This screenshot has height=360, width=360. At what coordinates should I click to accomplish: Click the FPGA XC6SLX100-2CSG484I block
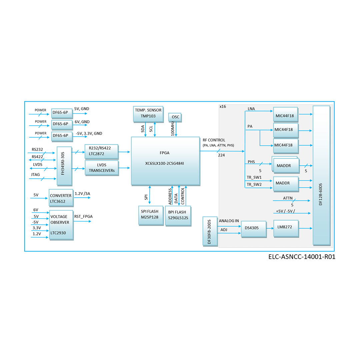coord(165,160)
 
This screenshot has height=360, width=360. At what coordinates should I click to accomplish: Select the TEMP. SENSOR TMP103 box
coord(148,114)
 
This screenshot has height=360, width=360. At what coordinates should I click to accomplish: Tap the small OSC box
coord(176,117)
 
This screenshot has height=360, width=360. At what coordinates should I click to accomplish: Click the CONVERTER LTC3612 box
coord(61,198)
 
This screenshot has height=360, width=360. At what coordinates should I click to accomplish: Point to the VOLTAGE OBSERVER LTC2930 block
coord(61,225)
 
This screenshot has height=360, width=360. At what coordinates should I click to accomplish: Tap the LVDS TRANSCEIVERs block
coord(101,168)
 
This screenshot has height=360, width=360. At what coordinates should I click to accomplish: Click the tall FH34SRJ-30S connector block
coord(64,166)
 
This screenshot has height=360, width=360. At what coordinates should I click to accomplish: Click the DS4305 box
coord(253,229)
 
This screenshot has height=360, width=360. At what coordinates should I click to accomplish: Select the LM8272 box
coord(285,228)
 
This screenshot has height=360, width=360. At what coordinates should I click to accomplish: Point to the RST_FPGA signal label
coord(83,216)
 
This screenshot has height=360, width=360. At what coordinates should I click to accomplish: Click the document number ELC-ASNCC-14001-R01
coord(301,257)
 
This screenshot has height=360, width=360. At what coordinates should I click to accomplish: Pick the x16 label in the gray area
coord(223,107)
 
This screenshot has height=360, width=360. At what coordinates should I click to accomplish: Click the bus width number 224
coord(221,155)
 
